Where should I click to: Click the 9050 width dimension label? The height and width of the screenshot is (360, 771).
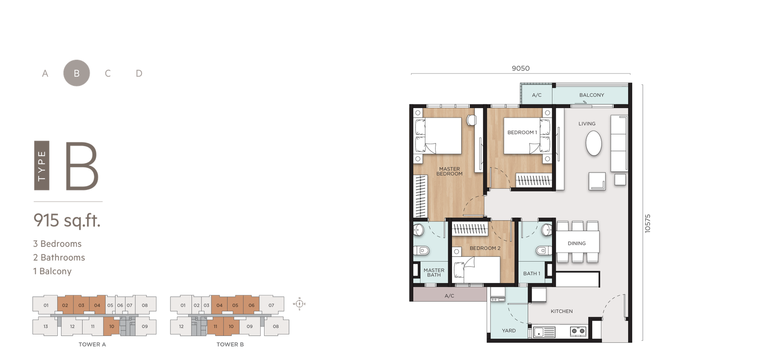520,68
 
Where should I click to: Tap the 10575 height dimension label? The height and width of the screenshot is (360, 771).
648,224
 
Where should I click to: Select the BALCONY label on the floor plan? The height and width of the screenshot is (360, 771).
591,95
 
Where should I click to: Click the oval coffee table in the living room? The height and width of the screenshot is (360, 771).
594,144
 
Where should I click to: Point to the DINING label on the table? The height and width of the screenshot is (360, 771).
576,243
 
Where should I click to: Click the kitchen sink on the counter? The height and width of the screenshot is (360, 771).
544,332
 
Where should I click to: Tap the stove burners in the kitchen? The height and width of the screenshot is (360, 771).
578,331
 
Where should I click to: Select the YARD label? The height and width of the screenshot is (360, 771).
509,331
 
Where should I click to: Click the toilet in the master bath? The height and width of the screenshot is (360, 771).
421,251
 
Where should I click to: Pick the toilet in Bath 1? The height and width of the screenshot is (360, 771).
545,250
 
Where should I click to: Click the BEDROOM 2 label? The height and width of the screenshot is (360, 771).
485,248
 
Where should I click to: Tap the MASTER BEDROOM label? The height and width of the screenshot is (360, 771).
449,172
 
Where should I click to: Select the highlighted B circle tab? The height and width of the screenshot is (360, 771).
77,73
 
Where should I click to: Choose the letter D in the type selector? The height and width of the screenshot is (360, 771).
139,73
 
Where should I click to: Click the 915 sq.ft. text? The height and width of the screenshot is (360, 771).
67,220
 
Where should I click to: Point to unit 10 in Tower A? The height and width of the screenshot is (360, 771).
111,326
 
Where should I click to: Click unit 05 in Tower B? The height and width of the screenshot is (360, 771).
235,305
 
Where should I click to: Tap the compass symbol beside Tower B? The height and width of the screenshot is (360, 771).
299,304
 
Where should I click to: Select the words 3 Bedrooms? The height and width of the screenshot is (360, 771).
57,244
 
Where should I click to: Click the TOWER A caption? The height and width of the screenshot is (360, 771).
92,344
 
